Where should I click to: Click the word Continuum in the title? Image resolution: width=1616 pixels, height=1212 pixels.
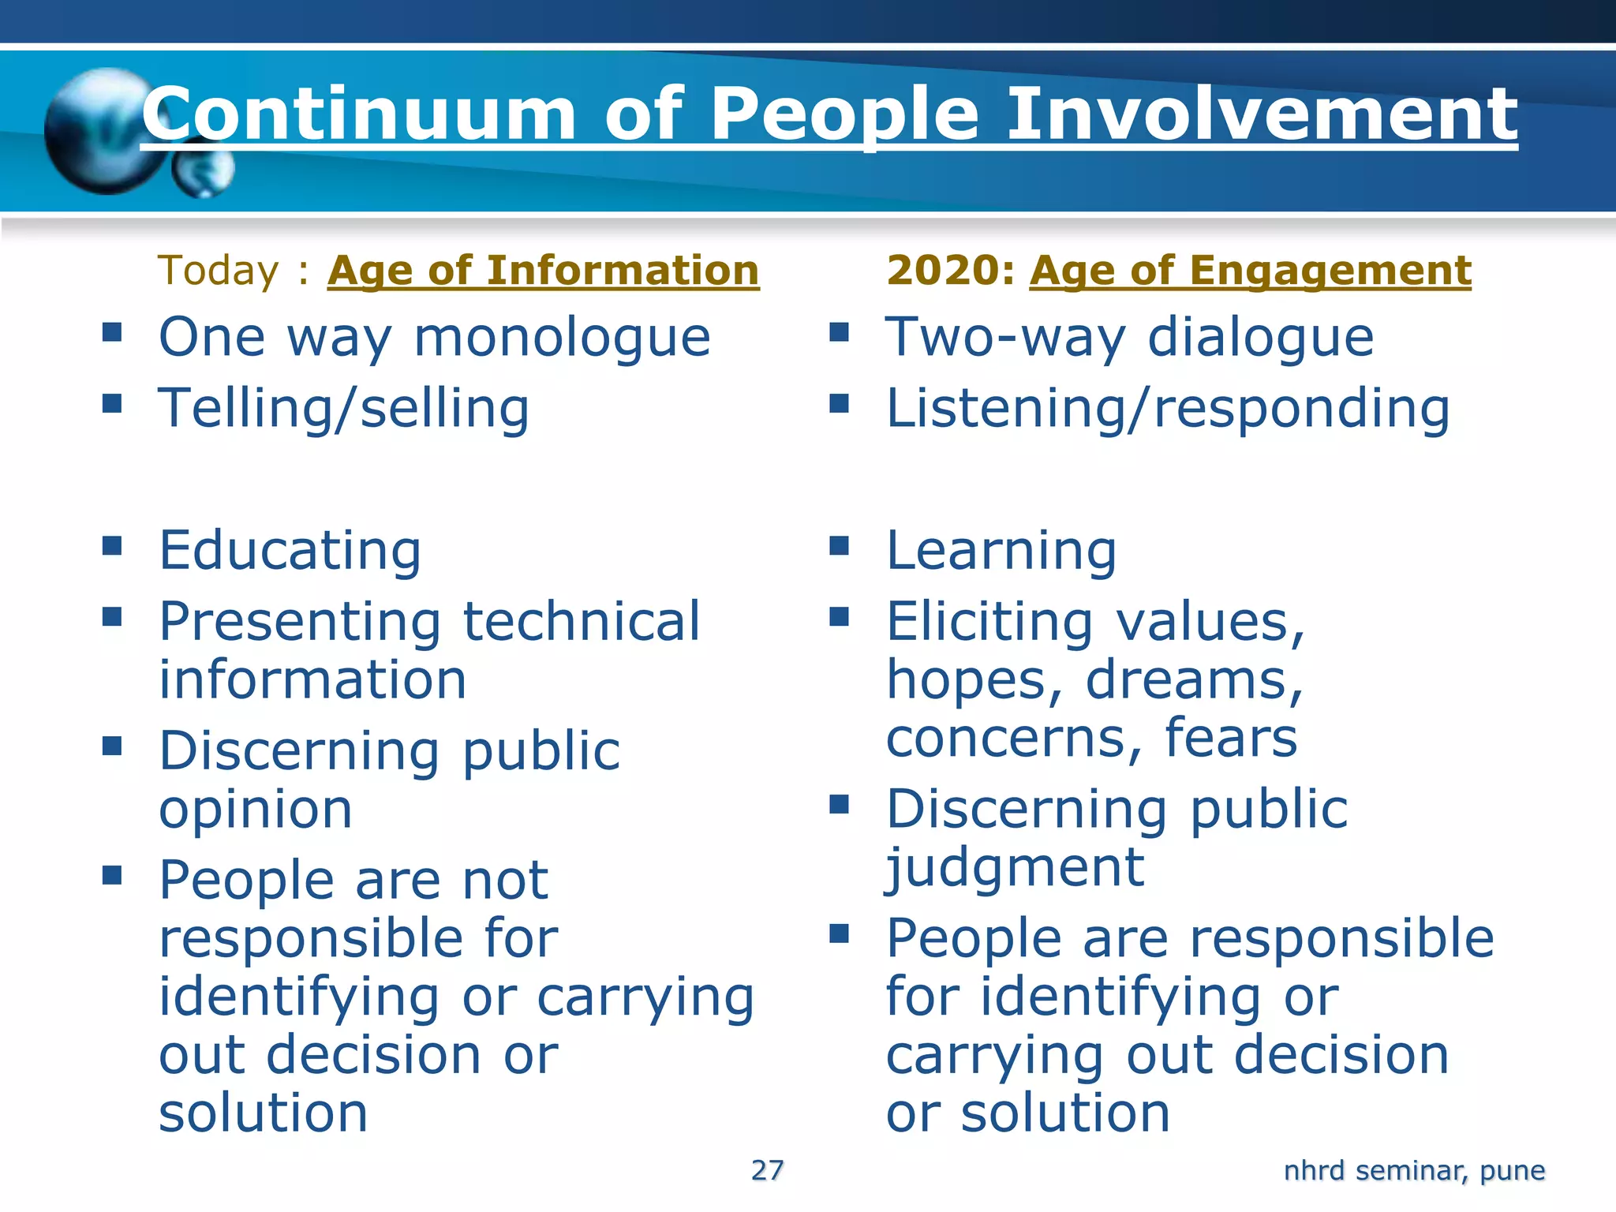tap(359, 114)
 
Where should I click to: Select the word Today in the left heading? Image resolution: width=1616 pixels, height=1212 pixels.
tap(219, 271)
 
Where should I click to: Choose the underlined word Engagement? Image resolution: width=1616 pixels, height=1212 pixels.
tap(1330, 271)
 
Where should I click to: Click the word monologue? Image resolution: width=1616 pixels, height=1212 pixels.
tap(562, 338)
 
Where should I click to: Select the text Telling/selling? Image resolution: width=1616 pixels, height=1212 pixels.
tap(344, 409)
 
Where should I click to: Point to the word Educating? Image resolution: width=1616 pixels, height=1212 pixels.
tap(290, 550)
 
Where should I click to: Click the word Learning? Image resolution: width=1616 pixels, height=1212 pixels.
tap(1001, 550)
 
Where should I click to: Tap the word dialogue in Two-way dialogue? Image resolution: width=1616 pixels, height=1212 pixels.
tap(1260, 338)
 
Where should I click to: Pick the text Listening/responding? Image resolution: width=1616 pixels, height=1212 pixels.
tap(1167, 409)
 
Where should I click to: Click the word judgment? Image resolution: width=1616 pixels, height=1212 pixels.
tap(1014, 868)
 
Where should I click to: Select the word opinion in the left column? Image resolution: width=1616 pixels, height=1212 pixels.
tap(255, 810)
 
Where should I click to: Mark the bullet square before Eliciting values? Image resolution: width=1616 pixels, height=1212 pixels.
tap(840, 616)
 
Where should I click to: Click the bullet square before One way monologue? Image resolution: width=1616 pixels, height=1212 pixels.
tap(112, 331)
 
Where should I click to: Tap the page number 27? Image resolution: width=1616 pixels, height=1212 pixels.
tap(767, 1170)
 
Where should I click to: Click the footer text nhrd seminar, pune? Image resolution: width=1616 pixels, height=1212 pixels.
tap(1413, 1170)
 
